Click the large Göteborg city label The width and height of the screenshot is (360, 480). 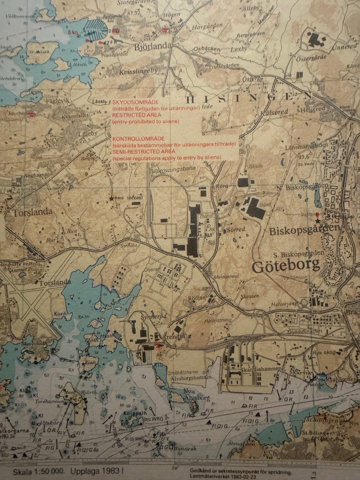pos(286,266)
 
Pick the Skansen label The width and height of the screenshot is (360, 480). pos(250,296)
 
